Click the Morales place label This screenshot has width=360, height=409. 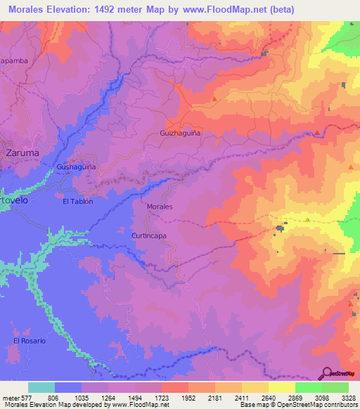coord(160,207)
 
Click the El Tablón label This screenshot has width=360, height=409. coord(77,201)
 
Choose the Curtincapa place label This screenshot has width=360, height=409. coord(149,236)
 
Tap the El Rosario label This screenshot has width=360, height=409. coord(30,341)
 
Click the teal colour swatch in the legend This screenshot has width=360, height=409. coord(41,387)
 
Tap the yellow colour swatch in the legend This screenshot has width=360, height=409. coord(282,387)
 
